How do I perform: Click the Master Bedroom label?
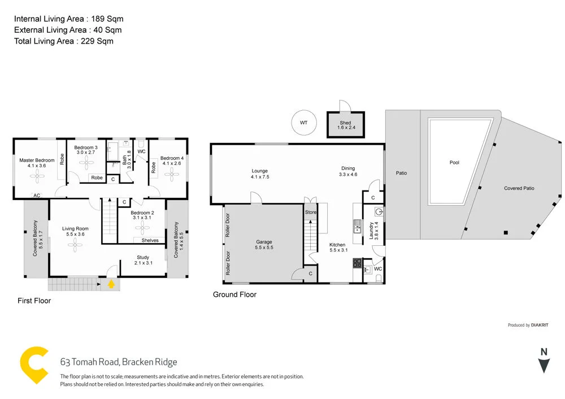tap(37, 160)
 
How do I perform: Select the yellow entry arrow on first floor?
tap(111, 284)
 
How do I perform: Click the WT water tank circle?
tap(303, 123)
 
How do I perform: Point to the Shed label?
tap(345, 123)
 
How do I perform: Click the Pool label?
tap(454, 162)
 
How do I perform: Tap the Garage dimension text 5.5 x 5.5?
tap(264, 248)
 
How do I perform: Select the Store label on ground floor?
tap(311, 212)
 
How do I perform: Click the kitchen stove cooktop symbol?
tap(357, 263)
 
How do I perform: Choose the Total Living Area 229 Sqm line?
tap(64, 41)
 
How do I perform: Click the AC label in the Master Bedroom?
tap(37, 195)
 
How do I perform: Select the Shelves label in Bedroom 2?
tap(150, 240)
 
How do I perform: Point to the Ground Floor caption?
tap(234, 294)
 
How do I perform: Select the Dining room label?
tap(347, 168)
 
